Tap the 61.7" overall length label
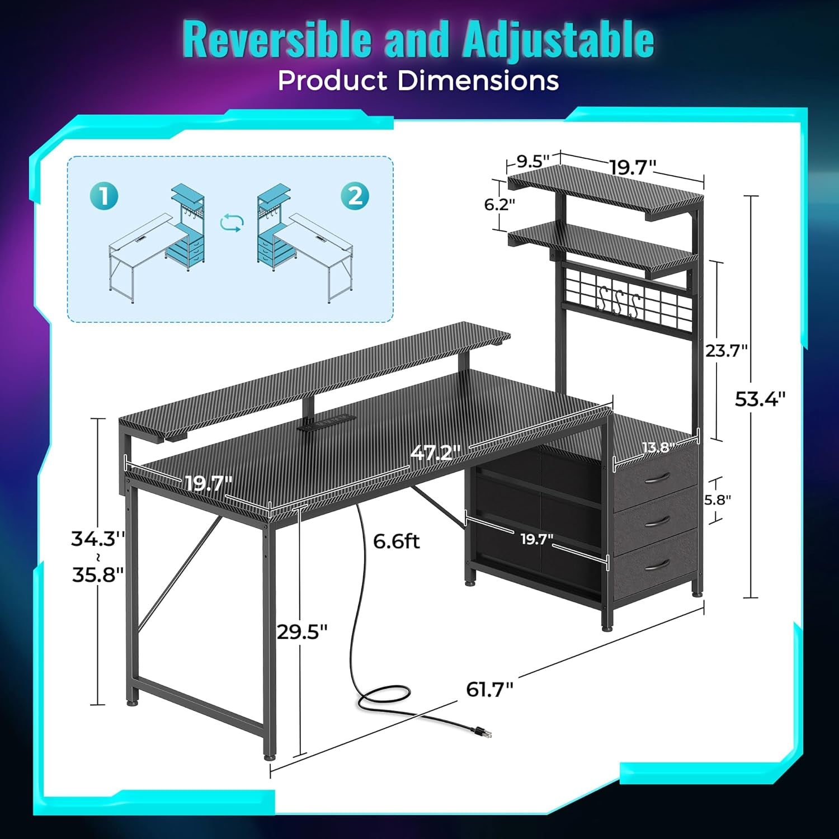click(489, 690)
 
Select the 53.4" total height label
click(760, 399)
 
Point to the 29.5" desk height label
click(302, 632)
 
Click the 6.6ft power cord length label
click(396, 541)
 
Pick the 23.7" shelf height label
click(726, 351)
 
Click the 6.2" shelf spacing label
click(499, 205)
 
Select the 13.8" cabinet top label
click(658, 447)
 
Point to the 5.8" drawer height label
click(718, 499)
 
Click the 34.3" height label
click(97, 539)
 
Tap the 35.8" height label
click(97, 574)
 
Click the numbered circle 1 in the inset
click(103, 196)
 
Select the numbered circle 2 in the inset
click(355, 196)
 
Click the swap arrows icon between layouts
click(232, 223)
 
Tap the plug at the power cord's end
click(482, 731)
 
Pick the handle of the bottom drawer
click(656, 565)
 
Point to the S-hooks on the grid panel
click(619, 302)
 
